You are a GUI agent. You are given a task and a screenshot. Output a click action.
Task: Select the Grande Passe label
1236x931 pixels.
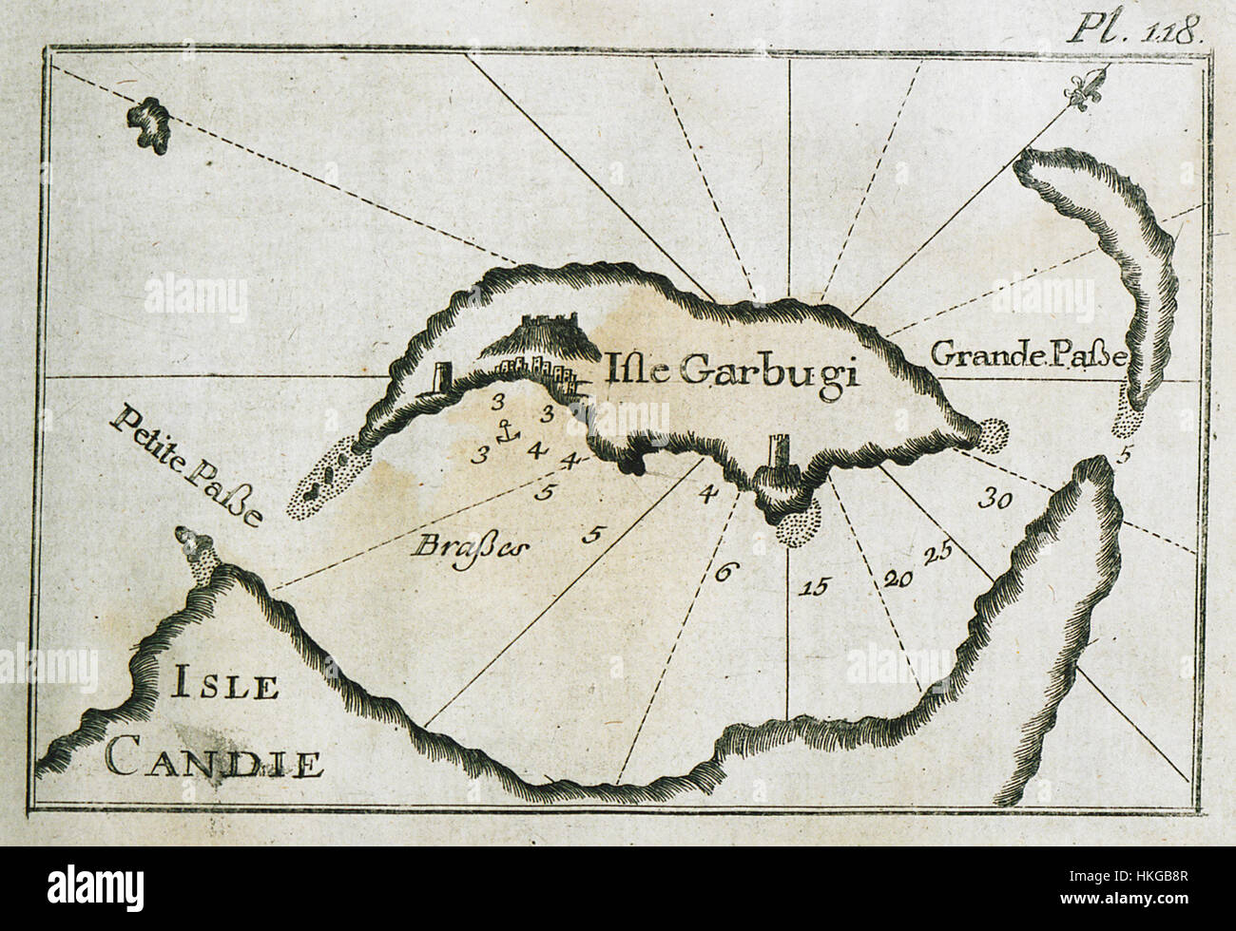coord(1027,357)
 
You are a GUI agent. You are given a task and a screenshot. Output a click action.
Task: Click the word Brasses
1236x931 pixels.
coord(472,547)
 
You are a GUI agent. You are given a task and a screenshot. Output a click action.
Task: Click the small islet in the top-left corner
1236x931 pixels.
coord(149,123)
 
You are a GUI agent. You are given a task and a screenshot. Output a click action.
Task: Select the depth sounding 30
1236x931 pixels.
coord(989,498)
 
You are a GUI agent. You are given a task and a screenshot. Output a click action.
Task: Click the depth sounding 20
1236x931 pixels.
coord(898,577)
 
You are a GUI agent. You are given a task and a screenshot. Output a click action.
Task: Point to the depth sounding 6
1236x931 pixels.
coord(724,572)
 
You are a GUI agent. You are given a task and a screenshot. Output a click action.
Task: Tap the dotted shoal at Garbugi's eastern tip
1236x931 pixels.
coord(995,435)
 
